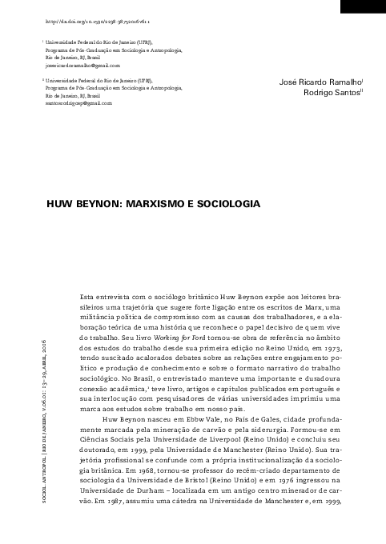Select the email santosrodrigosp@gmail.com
[78, 104]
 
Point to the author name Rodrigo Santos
[328, 94]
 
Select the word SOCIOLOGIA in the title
[231, 205]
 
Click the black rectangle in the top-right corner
[361, 6]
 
